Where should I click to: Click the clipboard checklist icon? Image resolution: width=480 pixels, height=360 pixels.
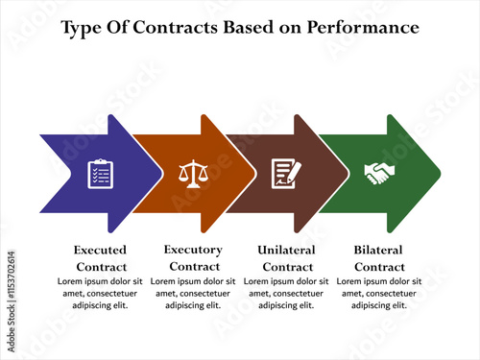coord(100,173)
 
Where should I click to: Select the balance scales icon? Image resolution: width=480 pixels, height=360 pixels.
coord(193,173)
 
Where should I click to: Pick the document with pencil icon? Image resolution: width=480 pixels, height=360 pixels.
coord(286,173)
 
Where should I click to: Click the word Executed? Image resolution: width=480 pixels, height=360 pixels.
coord(100,250)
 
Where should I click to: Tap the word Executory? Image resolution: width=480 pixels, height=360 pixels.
coord(193,250)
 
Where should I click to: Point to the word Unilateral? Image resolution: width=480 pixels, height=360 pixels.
coord(287,250)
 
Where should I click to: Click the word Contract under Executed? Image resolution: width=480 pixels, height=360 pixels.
coord(100,266)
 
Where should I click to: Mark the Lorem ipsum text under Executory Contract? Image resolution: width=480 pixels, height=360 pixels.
coord(193,293)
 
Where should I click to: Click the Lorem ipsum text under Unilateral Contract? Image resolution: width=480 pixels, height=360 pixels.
coord(287,293)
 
